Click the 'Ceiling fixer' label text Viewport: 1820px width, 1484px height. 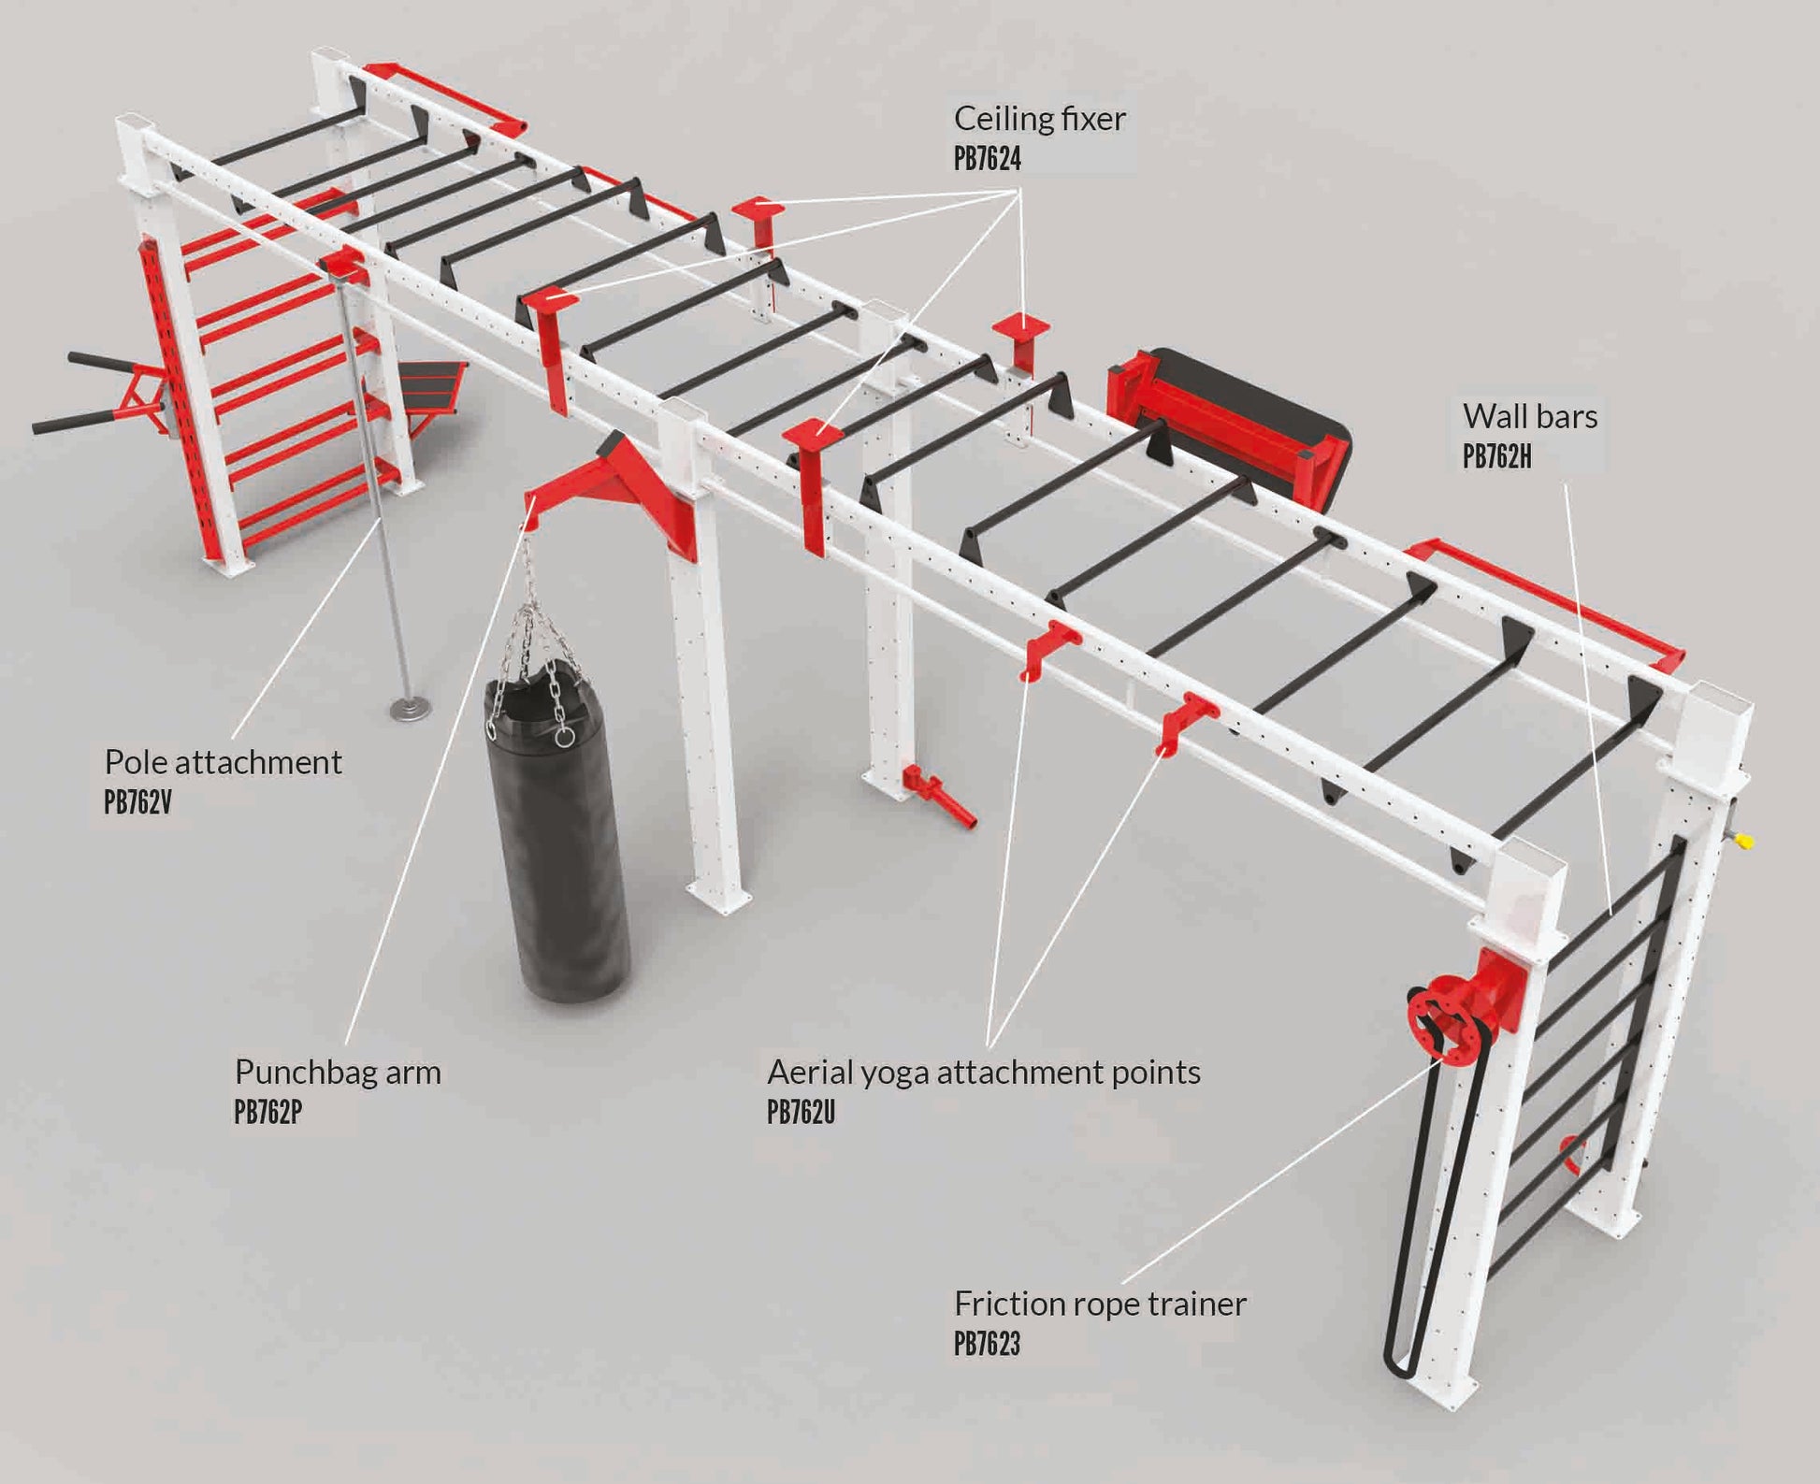(x=1039, y=119)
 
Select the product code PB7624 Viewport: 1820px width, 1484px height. (x=987, y=159)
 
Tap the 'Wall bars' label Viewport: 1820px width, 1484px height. (x=1529, y=417)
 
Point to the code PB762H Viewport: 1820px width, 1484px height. (x=1496, y=457)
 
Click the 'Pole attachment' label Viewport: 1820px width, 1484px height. (x=223, y=762)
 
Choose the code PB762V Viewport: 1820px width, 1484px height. (x=137, y=802)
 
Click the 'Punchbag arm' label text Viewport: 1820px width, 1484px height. (x=338, y=1072)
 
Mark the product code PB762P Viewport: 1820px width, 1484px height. (x=267, y=1112)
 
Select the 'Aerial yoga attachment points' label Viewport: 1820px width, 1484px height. (x=983, y=1072)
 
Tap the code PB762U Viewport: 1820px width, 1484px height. (x=801, y=1112)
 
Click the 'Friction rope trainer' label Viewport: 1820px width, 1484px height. (x=1100, y=1304)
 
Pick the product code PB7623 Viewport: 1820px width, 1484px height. (x=987, y=1344)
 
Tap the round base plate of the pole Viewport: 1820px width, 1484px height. (x=411, y=707)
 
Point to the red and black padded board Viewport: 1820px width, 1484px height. (x=1230, y=425)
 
